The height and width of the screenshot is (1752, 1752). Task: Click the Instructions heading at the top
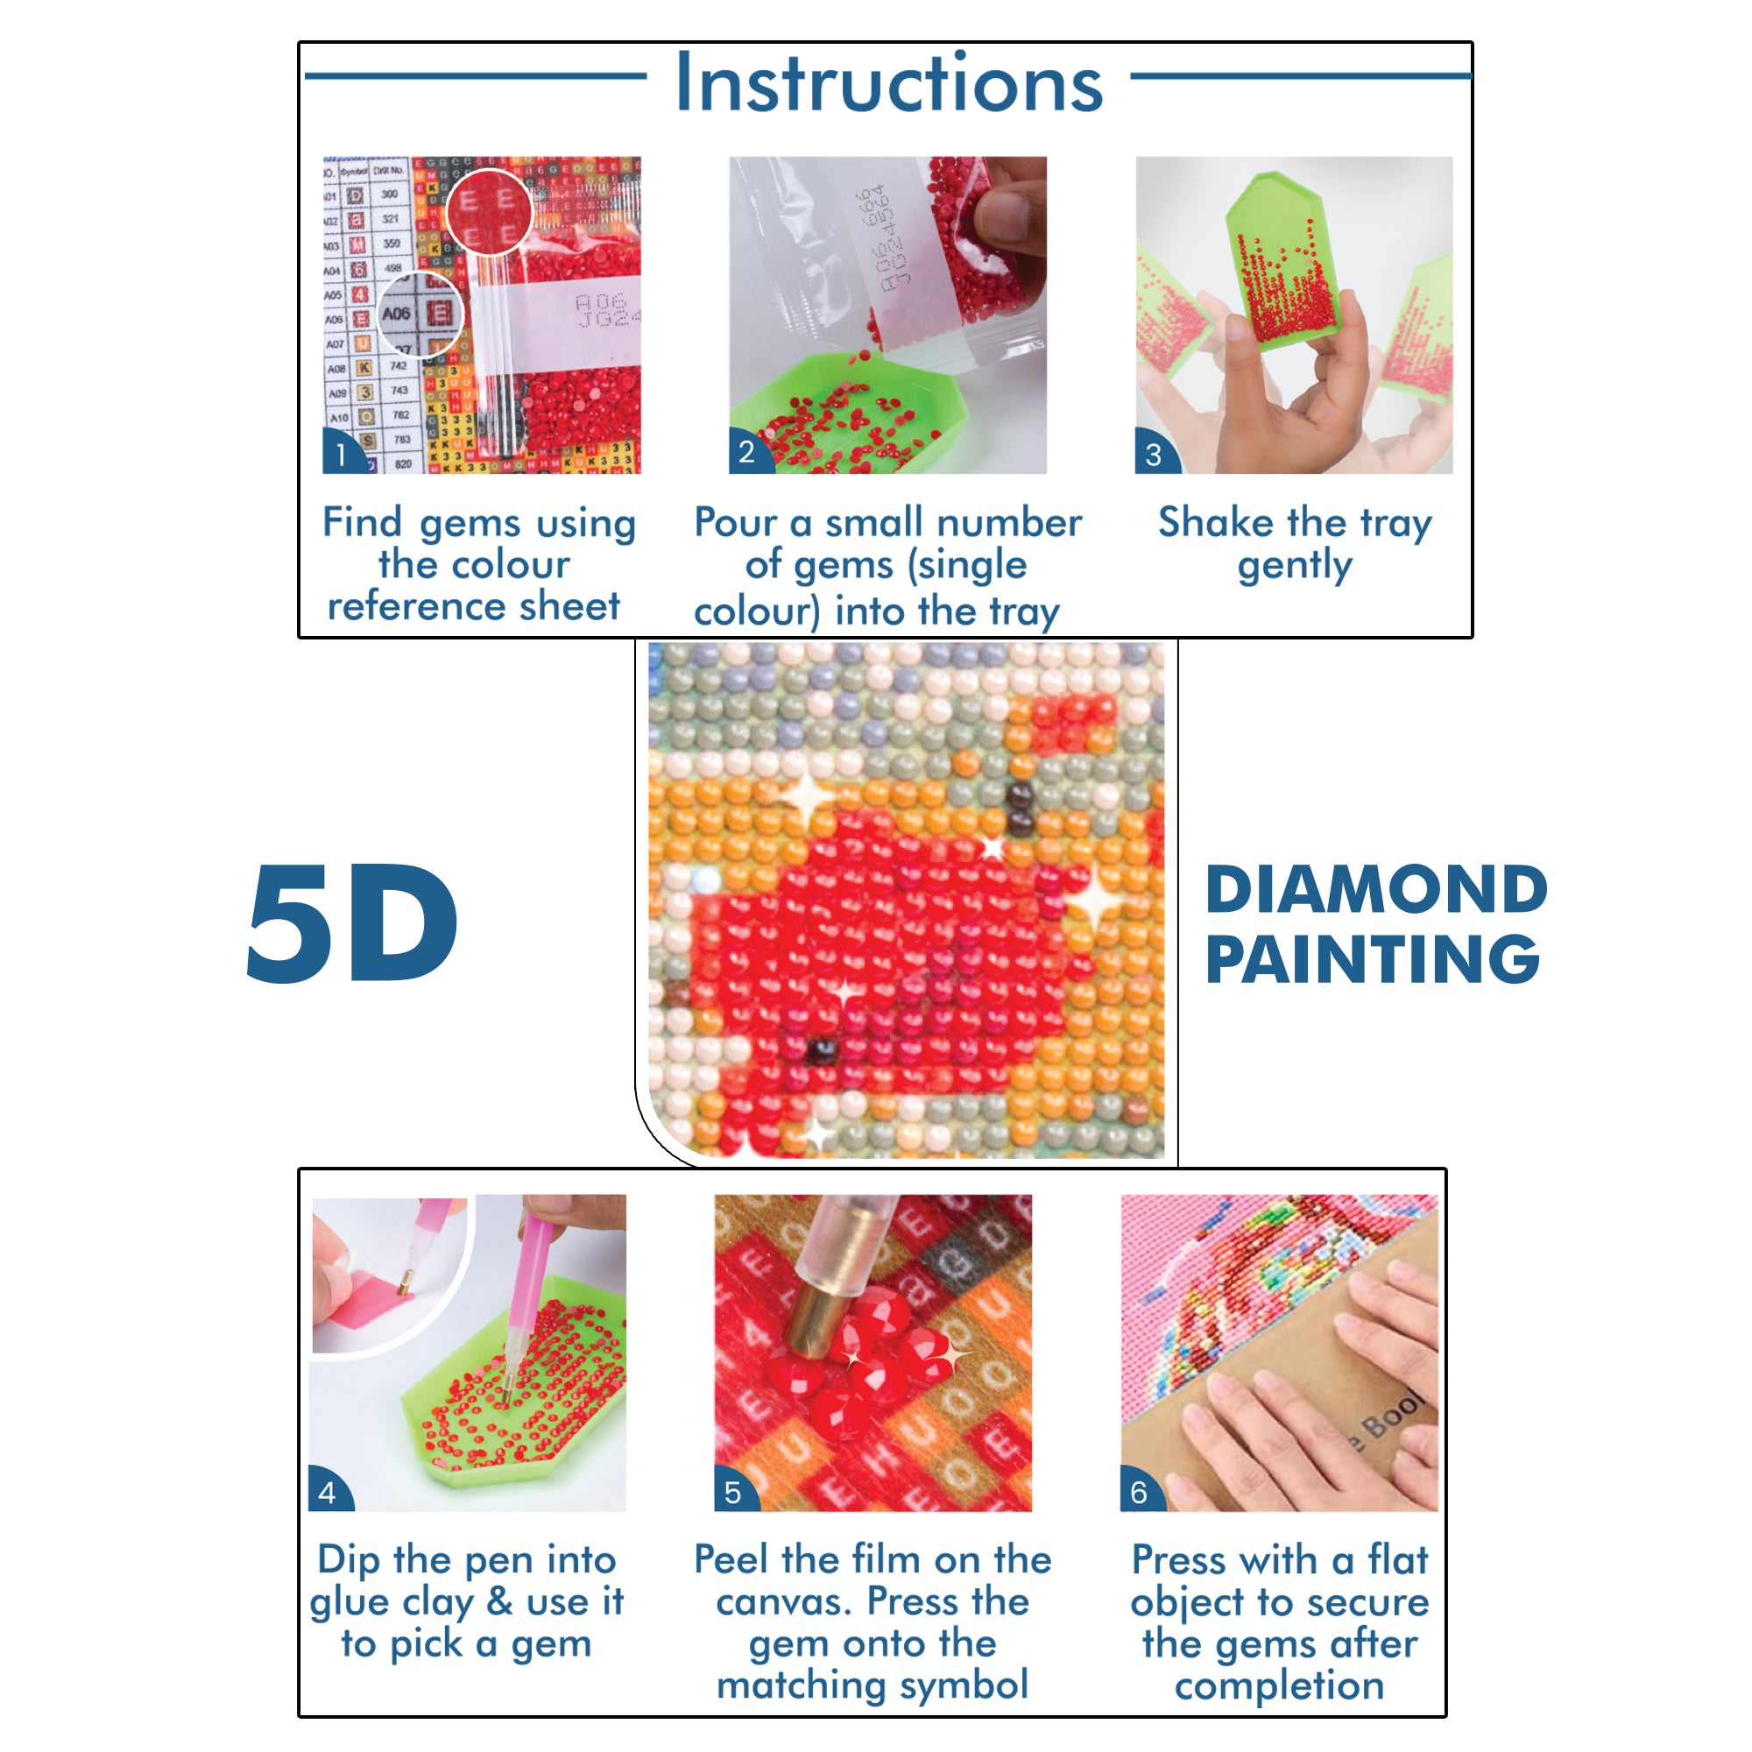[888, 83]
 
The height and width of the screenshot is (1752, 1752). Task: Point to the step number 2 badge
[746, 452]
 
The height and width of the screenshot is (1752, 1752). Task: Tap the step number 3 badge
[1153, 455]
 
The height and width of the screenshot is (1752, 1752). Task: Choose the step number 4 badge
[328, 1493]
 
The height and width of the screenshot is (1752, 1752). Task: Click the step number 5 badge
[732, 1493]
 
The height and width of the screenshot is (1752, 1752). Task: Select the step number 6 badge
[1139, 1493]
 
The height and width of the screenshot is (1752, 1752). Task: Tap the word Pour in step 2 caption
[736, 522]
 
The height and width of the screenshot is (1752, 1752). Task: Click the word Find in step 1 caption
[362, 522]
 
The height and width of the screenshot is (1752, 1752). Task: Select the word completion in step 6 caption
[1279, 1685]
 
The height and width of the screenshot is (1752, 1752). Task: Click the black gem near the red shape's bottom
[823, 1052]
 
